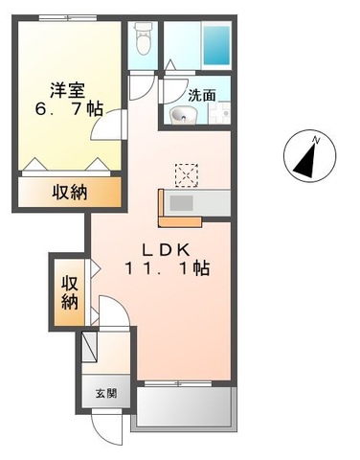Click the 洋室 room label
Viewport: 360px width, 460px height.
tap(66, 88)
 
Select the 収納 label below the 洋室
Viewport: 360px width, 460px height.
tap(68, 192)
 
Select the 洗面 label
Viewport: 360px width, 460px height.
tap(202, 95)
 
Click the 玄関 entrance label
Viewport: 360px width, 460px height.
tap(106, 393)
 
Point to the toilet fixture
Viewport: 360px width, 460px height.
tap(144, 39)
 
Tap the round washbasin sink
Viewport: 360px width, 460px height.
tap(182, 117)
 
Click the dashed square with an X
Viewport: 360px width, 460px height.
tap(185, 172)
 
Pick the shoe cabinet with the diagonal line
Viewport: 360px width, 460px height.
tap(90, 345)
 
